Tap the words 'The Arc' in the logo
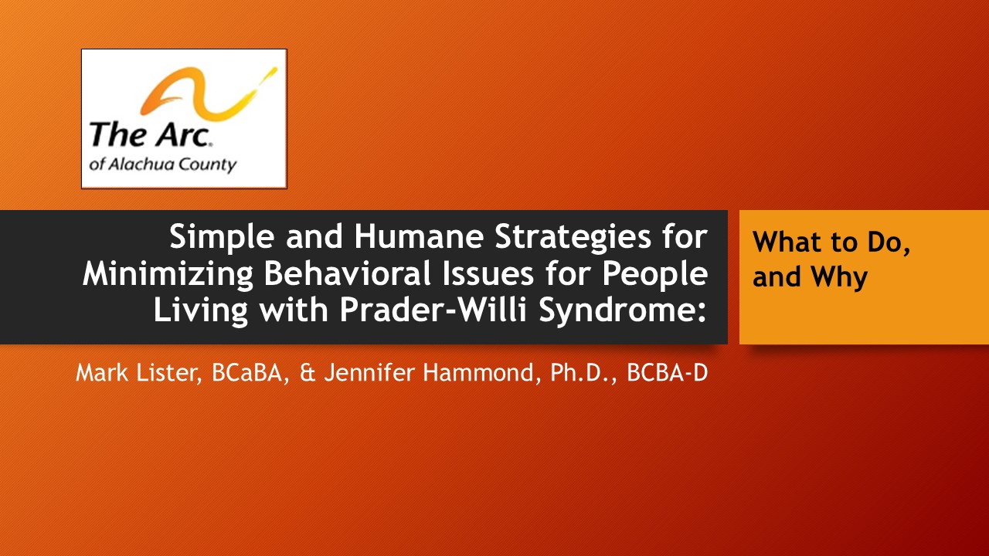coord(150,134)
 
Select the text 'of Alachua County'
coord(163,164)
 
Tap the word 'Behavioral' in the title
coord(347,273)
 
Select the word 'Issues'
coord(488,273)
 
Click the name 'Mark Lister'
coord(136,372)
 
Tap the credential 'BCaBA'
coord(247,372)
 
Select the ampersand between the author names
coord(308,373)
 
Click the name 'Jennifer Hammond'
coord(429,372)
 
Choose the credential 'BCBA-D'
coord(667,372)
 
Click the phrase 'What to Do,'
coord(831,242)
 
